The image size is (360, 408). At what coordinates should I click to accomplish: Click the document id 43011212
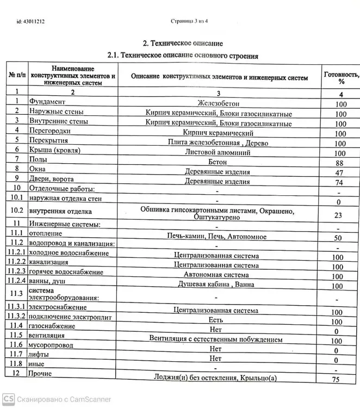[30, 22]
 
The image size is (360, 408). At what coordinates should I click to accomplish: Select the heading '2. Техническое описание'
[183, 43]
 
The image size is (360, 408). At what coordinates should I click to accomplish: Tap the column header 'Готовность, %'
[341, 78]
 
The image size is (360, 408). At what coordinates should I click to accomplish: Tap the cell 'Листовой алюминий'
[218, 152]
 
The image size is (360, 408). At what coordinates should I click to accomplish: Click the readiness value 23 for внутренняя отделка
[338, 215]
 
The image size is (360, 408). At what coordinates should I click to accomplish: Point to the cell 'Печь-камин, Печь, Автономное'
[218, 237]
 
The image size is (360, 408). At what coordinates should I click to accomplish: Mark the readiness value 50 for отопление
[338, 238]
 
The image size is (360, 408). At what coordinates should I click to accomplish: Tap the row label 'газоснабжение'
[53, 326]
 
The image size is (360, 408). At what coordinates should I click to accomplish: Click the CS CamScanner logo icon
[8, 399]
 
